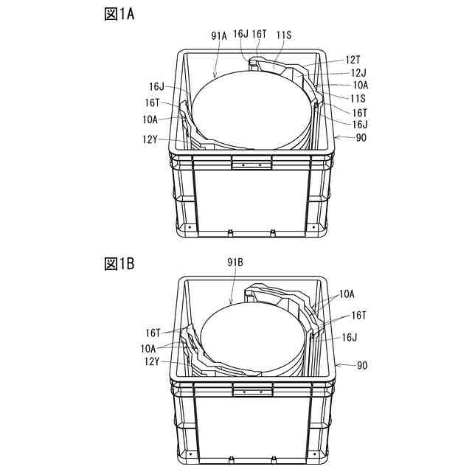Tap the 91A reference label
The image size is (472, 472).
coord(219,34)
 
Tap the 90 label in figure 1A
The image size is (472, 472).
coord(360,137)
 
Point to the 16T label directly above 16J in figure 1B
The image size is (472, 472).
coord(358,315)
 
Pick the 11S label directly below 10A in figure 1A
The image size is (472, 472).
coord(358,97)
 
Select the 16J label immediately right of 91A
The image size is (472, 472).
coord(240,34)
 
